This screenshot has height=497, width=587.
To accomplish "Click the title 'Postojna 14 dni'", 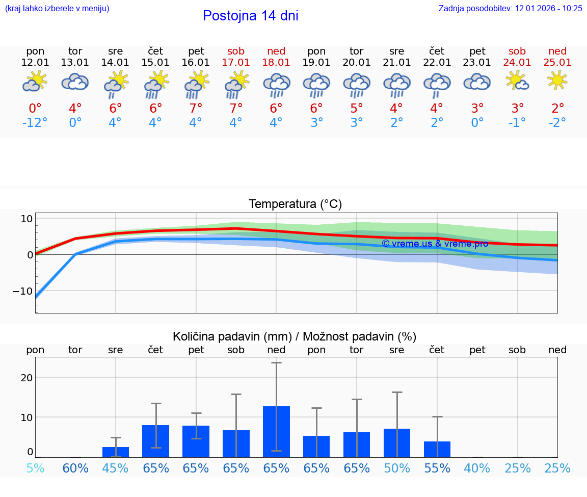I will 250,16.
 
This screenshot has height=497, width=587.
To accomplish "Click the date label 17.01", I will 236,62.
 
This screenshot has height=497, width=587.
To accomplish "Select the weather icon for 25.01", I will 557,81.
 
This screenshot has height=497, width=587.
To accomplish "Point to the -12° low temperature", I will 35,123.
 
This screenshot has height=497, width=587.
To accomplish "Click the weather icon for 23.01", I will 477,82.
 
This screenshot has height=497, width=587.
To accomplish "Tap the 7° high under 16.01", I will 196,108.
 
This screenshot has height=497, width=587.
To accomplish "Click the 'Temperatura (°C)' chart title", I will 295,204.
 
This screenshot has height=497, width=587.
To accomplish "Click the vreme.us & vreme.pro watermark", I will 435,243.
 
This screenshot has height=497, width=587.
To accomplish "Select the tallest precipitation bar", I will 276,431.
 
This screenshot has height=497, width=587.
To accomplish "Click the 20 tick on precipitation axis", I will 26,378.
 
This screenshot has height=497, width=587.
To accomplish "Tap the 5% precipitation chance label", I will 35,468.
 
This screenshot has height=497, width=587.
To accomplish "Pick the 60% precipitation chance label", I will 75,468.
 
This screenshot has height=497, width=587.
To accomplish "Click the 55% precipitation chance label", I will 437,468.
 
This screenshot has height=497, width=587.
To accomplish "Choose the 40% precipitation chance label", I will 477,468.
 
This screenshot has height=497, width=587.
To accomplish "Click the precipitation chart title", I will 295,336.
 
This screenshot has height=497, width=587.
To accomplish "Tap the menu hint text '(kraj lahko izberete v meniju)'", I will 57,8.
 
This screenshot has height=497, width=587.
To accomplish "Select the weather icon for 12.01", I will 35,82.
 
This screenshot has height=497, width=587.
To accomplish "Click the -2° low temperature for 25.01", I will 557,123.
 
